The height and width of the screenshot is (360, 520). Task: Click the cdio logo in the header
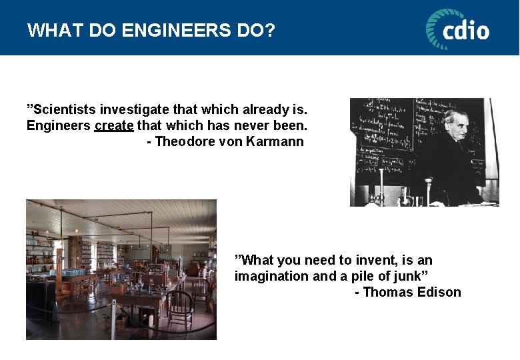(x=457, y=29)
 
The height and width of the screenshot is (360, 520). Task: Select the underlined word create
(x=114, y=125)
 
